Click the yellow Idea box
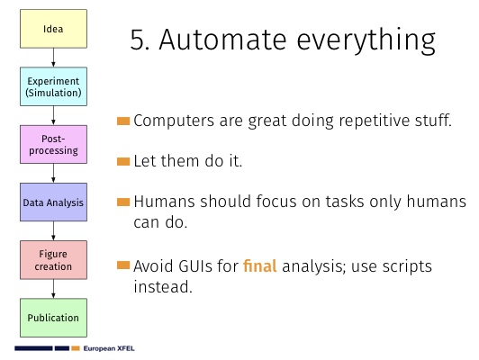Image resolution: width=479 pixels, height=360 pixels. tap(53, 29)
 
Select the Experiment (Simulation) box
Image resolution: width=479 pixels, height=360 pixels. tap(53, 86)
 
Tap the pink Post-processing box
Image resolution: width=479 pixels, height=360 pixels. tap(53, 144)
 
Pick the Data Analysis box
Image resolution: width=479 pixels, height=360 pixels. tap(53, 202)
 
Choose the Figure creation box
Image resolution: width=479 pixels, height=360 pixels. tap(53, 260)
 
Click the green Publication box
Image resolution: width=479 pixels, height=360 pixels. tap(53, 318)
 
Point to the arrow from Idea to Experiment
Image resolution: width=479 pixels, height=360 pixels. tap(53, 58)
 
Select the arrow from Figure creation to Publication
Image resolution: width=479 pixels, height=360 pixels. tap(53, 289)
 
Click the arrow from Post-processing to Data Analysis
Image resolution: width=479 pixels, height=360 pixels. tap(53, 173)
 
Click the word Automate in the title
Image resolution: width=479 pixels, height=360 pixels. tap(222, 40)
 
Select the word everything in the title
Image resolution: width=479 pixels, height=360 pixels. tap(366, 41)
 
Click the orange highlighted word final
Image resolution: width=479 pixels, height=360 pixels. tap(260, 265)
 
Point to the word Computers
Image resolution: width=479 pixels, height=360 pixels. tap(174, 121)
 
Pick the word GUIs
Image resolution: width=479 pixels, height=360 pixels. tap(195, 266)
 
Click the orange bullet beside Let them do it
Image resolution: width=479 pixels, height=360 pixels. tap(123, 161)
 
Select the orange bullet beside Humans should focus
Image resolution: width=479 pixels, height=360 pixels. tap(123, 202)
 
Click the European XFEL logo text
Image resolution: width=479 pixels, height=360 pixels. tap(109, 348)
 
